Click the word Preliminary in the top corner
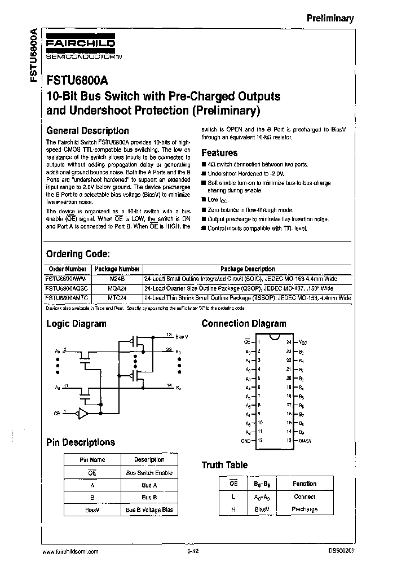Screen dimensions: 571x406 pos(330,18)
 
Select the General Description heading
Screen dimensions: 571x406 pos(87,130)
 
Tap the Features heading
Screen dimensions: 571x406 pos(219,153)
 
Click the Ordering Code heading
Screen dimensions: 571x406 pos(78,254)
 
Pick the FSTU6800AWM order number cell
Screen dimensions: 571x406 pos(66,279)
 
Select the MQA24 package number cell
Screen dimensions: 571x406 pos(117,288)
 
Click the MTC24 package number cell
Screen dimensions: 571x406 pos(117,297)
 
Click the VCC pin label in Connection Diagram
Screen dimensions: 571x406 pos(303,342)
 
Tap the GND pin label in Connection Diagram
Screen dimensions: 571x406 pos(245,440)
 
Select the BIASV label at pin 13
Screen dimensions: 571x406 pos(305,440)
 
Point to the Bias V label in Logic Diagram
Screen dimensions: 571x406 pos(182,336)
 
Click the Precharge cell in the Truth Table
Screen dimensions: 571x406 pos(305,509)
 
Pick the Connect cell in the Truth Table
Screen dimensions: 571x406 pos(305,497)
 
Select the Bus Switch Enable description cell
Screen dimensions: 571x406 pos(149,473)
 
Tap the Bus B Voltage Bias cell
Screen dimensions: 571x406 pos(149,510)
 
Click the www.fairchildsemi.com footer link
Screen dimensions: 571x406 pos(71,551)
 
